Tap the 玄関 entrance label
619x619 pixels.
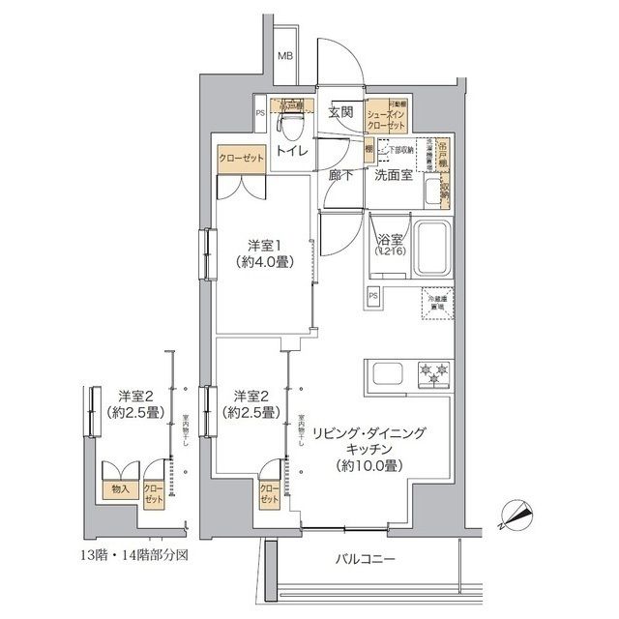[x=339, y=113]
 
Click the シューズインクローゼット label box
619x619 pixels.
[x=389, y=114]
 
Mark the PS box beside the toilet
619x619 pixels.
[x=260, y=113]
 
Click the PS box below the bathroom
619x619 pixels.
[x=372, y=295]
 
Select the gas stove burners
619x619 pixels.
[x=431, y=371]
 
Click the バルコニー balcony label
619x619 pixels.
[x=366, y=561]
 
